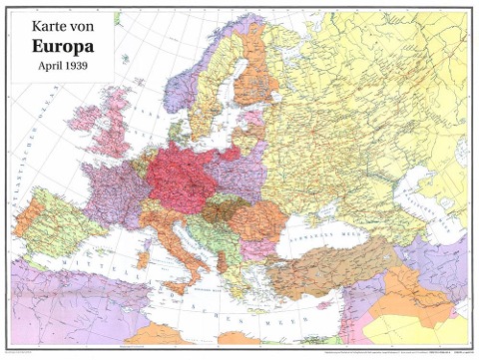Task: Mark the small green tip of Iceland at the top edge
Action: pos(117,17)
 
